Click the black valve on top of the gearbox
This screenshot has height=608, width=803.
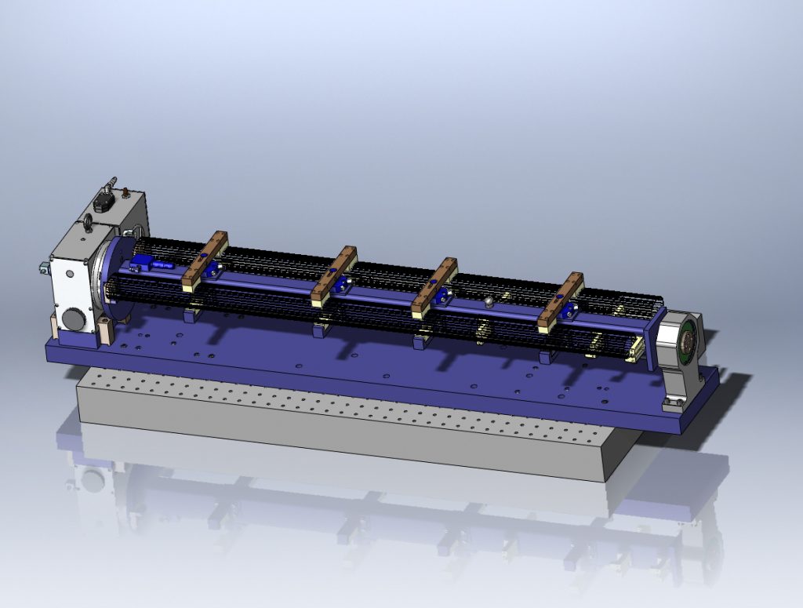103,201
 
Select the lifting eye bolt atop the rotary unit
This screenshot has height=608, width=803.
88,226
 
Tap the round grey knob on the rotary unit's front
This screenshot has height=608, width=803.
72,319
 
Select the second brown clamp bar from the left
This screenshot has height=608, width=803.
333,275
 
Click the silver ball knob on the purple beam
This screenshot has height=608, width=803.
488,301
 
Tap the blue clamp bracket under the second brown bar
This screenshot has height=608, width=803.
340,285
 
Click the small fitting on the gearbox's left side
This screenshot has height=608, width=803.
39,268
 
